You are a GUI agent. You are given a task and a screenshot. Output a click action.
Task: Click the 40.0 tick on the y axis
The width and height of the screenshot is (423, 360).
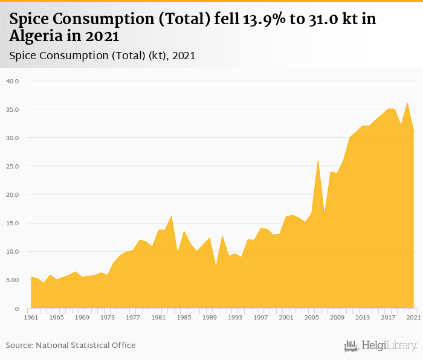pos(13,80)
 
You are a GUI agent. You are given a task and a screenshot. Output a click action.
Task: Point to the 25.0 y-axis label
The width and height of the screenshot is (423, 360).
pos(13,166)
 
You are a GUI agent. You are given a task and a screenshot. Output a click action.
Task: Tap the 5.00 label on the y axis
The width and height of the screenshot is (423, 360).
pos(13,280)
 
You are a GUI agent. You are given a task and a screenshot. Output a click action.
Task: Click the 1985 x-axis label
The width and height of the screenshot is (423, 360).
pos(184,317)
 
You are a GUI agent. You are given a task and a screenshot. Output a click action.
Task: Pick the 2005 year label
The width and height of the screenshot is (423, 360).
pos(312,317)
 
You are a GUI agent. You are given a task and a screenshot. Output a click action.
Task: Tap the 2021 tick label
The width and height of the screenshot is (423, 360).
pos(413,317)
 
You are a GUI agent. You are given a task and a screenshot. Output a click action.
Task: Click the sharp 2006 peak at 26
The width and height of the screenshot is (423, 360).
pos(318,161)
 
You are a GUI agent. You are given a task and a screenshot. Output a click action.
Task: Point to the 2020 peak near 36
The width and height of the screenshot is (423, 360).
pos(407,103)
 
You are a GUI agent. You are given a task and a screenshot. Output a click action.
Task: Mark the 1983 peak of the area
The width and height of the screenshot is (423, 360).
pos(172,216)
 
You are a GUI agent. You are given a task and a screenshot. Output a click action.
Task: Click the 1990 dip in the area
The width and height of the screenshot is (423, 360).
pos(216,266)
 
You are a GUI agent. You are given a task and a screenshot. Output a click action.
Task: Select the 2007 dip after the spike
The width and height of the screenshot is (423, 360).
pos(325,216)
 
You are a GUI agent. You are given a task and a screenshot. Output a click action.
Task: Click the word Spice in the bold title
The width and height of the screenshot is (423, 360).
pos(31,19)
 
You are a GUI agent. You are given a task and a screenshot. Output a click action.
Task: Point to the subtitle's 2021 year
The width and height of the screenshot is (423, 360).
pos(184,56)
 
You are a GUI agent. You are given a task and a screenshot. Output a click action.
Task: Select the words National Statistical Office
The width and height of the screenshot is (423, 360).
pos(86,345)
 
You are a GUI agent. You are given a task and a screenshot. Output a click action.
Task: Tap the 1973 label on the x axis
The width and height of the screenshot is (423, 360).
pos(108,317)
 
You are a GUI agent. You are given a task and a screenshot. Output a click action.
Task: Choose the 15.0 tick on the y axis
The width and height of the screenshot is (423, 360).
pos(13,223)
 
